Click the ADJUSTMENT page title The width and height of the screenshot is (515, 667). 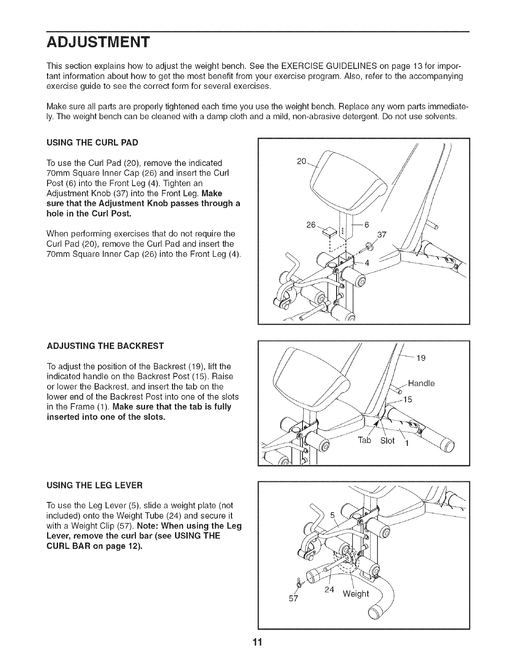98,43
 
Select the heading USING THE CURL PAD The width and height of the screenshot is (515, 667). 92,142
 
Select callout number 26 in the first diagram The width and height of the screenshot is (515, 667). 311,225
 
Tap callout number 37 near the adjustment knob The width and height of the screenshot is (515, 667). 382,235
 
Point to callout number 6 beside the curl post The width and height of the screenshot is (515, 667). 366,225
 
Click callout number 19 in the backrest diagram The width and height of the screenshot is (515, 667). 421,358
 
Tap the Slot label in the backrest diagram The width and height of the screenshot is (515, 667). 388,440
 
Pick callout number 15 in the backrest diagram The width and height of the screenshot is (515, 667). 407,400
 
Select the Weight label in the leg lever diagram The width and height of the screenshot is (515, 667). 356,594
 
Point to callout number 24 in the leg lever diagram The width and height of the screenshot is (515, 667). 329,590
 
